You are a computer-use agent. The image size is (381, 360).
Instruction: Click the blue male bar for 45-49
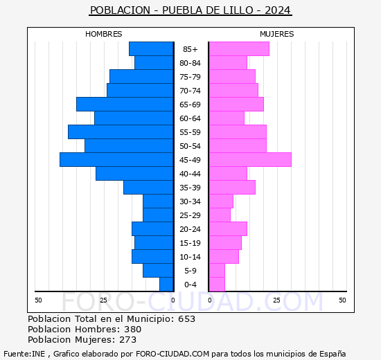(116, 160)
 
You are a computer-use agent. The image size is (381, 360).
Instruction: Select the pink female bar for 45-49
(249, 160)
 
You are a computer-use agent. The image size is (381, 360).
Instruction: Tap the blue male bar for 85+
(151, 49)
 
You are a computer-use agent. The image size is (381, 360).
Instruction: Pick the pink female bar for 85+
(238, 49)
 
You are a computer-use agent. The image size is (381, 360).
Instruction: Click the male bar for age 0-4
(166, 285)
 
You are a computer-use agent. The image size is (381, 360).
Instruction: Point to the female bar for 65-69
(236, 105)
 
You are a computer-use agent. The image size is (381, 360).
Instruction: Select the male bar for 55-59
(121, 132)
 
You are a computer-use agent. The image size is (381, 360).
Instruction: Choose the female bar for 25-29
(220, 215)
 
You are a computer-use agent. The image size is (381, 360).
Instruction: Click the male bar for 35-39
(148, 188)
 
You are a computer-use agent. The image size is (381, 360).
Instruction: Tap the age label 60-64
(190, 118)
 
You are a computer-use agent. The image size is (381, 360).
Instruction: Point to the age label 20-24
(190, 229)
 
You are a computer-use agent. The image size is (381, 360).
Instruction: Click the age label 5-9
(190, 271)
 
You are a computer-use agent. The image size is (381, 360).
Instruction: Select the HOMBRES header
(104, 34)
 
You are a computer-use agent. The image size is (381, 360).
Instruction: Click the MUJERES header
(276, 34)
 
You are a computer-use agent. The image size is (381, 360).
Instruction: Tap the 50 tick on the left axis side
(39, 300)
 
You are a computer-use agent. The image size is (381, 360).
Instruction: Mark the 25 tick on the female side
(276, 300)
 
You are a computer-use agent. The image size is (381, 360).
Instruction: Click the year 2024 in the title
(277, 10)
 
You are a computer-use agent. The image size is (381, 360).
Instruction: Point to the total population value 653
(186, 319)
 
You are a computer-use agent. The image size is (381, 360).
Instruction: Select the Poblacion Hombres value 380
(132, 330)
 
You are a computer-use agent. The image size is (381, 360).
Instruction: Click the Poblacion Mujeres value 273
(127, 340)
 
